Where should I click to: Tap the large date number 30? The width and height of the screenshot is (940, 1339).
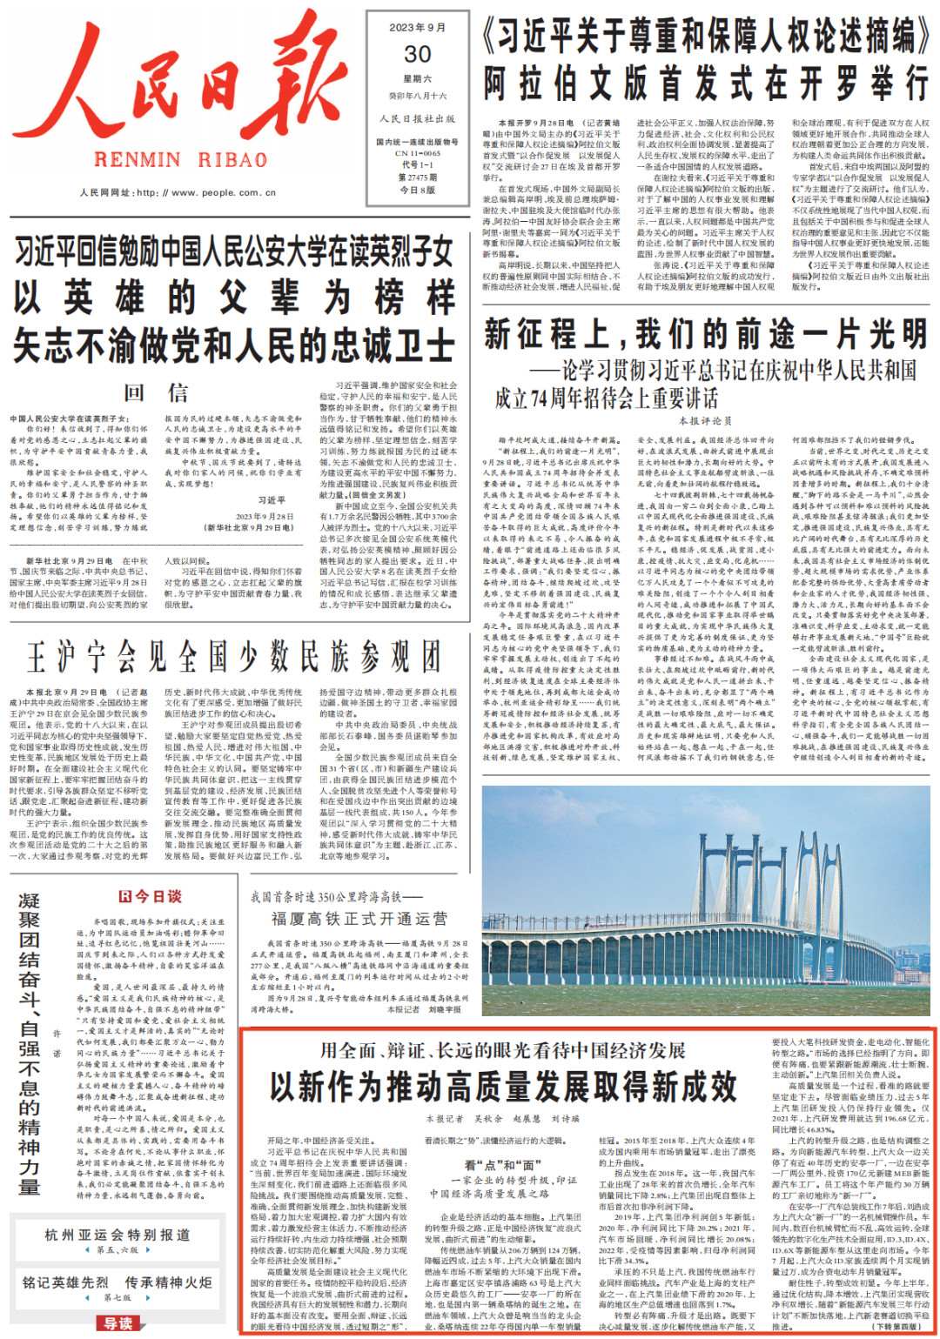tap(418, 54)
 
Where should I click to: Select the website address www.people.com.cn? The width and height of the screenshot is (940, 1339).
tap(212, 193)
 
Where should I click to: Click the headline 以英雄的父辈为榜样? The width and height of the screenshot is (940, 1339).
tap(234, 298)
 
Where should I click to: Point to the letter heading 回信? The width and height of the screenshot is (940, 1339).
tap(156, 393)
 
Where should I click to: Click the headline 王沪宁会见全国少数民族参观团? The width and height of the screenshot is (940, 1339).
tap(233, 656)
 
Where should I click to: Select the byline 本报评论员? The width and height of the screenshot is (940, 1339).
tap(706, 421)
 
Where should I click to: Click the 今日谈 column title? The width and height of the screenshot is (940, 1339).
tap(151, 897)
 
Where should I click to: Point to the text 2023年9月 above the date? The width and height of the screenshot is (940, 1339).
tap(418, 28)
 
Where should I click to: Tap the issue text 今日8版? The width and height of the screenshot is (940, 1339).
tap(418, 190)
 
